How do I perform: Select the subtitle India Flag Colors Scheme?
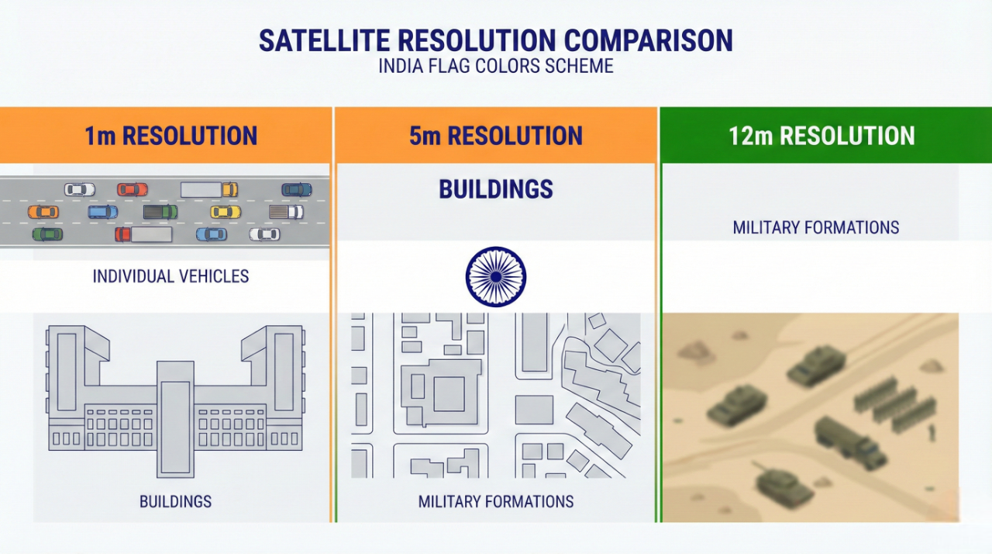click(496, 66)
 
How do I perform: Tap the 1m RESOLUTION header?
click(171, 136)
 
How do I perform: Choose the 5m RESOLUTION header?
click(496, 136)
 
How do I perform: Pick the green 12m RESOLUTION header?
click(821, 136)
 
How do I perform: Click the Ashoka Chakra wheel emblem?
click(496, 276)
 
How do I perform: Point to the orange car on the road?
click(43, 212)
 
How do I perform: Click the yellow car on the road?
click(226, 212)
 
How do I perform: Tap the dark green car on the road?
click(47, 234)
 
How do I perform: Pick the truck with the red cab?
click(143, 234)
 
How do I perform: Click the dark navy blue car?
click(297, 189)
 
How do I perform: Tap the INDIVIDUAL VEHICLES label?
click(171, 276)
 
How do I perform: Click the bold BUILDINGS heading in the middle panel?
click(496, 189)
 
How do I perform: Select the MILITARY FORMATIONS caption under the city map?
click(496, 501)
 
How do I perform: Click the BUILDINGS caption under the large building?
click(176, 501)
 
